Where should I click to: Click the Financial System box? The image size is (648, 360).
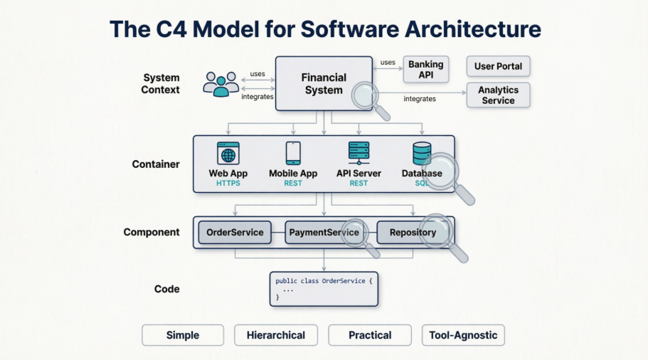click(x=324, y=83)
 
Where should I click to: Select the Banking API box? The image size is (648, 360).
click(x=426, y=69)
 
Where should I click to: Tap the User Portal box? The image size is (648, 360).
click(x=498, y=66)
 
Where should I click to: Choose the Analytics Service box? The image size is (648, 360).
click(x=498, y=95)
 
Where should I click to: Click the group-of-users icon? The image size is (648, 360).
click(x=221, y=84)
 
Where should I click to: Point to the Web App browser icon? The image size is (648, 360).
click(x=228, y=154)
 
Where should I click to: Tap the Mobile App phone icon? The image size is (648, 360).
click(x=293, y=154)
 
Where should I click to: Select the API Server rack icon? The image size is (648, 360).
click(x=358, y=154)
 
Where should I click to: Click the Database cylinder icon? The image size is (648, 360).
click(x=422, y=154)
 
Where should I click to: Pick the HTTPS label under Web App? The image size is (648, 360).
click(x=228, y=184)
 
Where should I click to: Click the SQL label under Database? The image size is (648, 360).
click(x=423, y=184)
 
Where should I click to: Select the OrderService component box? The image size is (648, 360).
click(x=235, y=233)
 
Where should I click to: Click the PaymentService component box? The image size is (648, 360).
click(x=324, y=233)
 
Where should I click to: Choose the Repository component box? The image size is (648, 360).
click(x=413, y=233)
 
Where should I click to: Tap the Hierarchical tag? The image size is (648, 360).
click(x=275, y=335)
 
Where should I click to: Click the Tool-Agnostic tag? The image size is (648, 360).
click(x=463, y=335)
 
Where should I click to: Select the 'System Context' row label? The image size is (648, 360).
click(x=160, y=83)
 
